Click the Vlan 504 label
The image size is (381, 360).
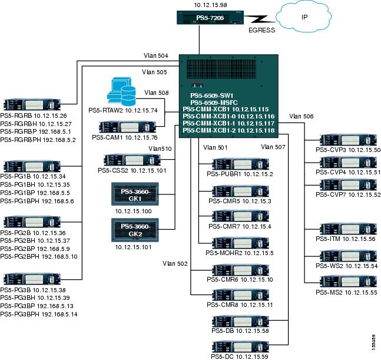[156, 56]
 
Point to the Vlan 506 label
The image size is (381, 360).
[302, 117]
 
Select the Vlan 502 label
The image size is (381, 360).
[175, 263]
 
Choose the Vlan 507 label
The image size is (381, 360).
[272, 146]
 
